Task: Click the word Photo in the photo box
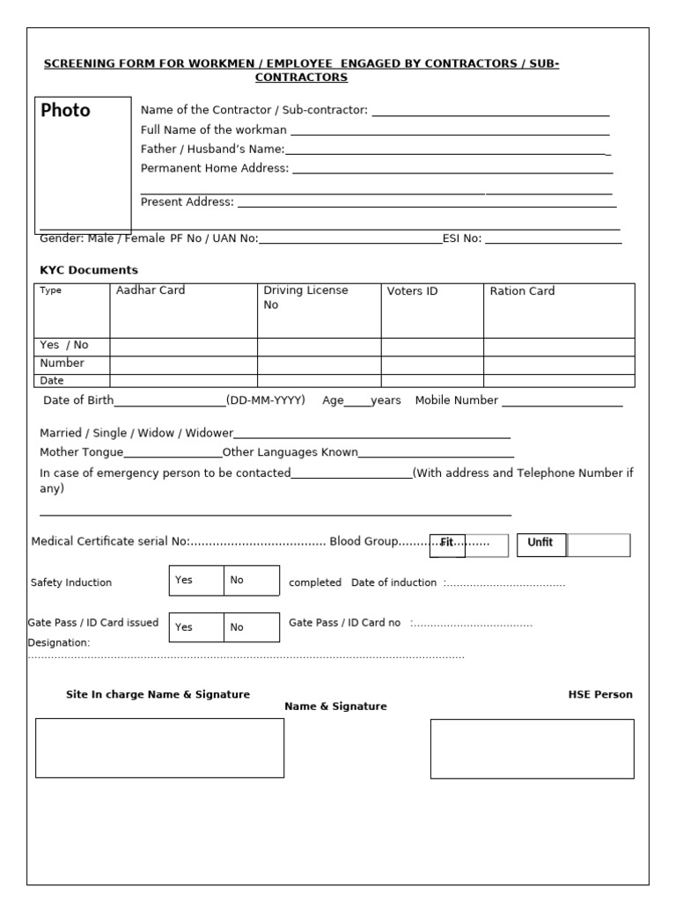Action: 66,111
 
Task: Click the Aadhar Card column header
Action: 151,290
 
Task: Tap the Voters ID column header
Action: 412,291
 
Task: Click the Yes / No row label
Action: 64,346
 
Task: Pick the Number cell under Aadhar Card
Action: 183,364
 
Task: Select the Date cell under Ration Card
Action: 558,381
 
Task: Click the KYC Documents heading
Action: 89,270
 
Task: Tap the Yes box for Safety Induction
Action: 195,581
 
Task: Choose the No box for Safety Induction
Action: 251,581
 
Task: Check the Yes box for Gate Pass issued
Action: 195,627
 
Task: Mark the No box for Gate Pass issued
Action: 251,627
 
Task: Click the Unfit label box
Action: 540,543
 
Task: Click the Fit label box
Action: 447,544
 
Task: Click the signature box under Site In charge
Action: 159,748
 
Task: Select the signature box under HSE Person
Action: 532,749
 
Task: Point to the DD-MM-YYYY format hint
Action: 266,400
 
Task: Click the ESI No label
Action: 461,238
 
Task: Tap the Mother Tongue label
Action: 82,452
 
